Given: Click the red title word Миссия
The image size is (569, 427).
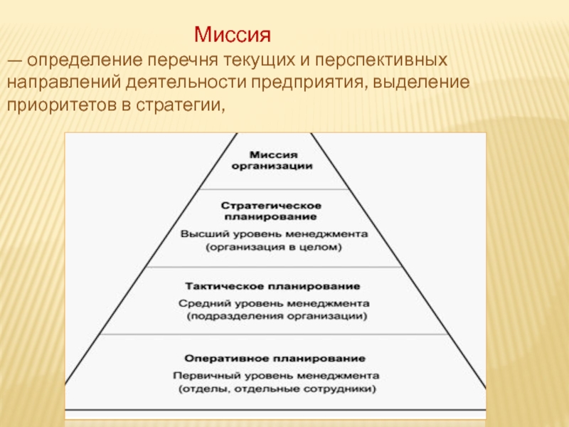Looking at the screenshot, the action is [233, 35].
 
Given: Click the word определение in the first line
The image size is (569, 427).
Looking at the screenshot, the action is [85, 60].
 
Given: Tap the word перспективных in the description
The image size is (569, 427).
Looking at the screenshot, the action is [381, 60].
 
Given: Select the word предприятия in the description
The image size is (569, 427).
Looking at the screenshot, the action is [307, 83].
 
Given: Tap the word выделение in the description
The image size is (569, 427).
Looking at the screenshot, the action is [421, 83].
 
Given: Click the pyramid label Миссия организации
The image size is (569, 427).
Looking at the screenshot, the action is [272, 161].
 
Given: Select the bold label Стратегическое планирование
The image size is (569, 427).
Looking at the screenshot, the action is [271, 211].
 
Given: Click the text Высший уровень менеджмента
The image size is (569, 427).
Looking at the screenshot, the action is [274, 234].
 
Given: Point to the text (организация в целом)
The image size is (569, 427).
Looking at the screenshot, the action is [274, 247].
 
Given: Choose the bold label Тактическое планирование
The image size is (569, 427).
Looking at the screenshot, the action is [272, 286].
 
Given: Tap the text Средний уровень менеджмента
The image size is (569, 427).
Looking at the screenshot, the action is [274, 303].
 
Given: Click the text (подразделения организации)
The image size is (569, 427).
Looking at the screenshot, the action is [277, 316].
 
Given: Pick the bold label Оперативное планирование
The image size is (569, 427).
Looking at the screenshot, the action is [275, 359].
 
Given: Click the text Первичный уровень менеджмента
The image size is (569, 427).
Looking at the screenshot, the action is [276, 376].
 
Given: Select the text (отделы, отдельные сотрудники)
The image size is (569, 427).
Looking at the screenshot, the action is [277, 389].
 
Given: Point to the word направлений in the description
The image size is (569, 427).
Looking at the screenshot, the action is [64, 83].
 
